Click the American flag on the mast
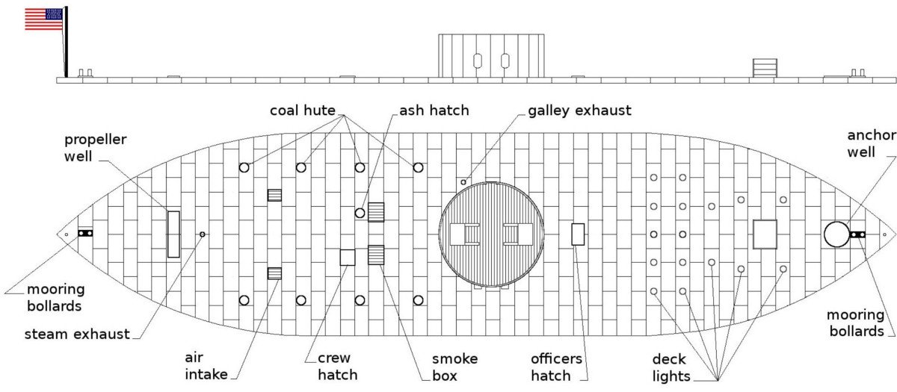[43, 19]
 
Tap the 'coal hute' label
[303, 111]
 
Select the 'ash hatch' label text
[434, 111]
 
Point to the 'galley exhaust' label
[579, 111]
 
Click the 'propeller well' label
[95, 147]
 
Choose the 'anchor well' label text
[871, 143]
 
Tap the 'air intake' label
[206, 364]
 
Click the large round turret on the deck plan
[490, 234]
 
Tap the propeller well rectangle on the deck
[173, 234]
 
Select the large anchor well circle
[836, 234]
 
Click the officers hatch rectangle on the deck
[577, 234]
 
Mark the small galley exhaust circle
[463, 182]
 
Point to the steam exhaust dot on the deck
[202, 234]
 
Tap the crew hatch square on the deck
[348, 258]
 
